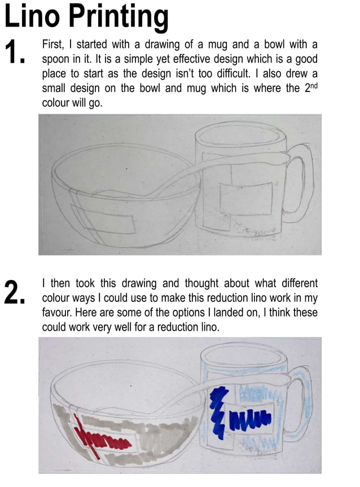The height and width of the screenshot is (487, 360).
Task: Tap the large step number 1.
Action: click(x=15, y=52)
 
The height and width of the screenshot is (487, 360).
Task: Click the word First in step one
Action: click(x=55, y=44)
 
